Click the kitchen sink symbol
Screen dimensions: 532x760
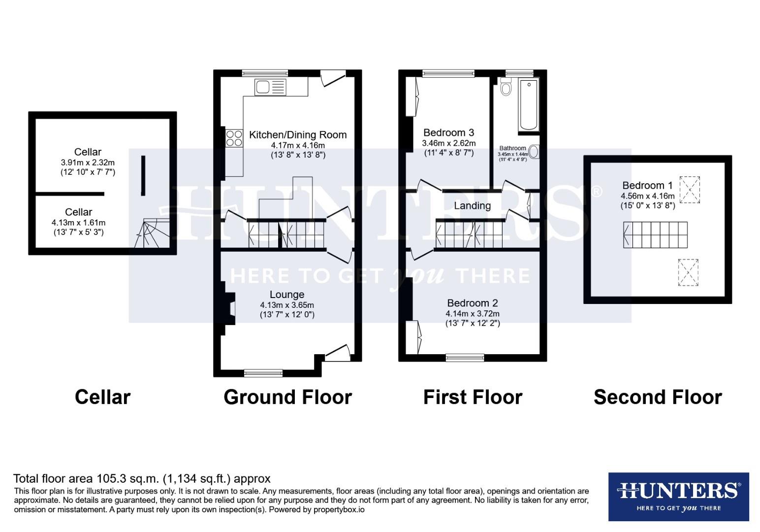[x=270, y=87]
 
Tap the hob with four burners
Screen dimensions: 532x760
[x=234, y=138]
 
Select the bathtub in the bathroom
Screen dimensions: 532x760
[x=528, y=105]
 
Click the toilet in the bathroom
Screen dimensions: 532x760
[x=506, y=88]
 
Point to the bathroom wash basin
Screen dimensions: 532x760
[x=534, y=152]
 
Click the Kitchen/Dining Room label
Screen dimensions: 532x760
[x=298, y=134]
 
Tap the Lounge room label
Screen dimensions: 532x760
[x=286, y=295]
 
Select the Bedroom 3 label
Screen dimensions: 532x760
[x=448, y=133]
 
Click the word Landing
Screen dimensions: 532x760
[x=472, y=205]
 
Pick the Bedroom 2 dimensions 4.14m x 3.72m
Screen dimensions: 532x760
[x=473, y=314]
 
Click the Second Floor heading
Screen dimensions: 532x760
[x=658, y=397]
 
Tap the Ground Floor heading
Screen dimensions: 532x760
[x=287, y=397]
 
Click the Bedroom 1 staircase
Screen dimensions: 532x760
[x=655, y=234]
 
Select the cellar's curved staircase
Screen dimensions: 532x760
[x=152, y=234]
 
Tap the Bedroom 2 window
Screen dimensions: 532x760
[x=465, y=358]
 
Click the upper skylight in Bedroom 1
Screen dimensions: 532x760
[x=689, y=190]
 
